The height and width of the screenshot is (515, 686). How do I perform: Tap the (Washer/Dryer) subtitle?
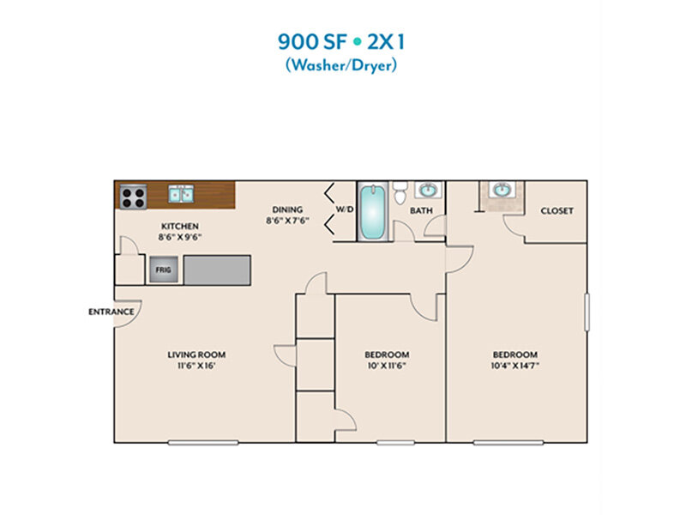click(x=341, y=65)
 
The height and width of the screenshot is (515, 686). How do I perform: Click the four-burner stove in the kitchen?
click(x=133, y=197)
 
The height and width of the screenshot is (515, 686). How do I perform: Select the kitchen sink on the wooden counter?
click(x=181, y=194)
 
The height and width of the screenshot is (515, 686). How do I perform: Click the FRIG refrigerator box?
click(x=164, y=270)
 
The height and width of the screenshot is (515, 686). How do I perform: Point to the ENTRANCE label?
click(x=111, y=312)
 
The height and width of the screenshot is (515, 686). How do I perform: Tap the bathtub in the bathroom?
click(x=373, y=211)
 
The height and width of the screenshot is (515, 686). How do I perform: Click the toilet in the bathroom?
click(x=400, y=192)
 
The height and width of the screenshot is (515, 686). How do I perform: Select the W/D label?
click(x=345, y=209)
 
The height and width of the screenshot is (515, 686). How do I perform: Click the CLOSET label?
click(x=557, y=210)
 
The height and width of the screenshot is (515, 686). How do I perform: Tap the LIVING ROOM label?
click(x=196, y=354)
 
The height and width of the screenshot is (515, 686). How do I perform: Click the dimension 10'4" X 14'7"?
click(x=515, y=366)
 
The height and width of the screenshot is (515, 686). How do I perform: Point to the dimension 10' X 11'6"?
click(x=387, y=366)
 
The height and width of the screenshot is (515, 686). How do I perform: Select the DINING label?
click(x=287, y=209)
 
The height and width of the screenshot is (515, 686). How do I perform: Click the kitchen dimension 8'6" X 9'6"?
click(x=180, y=238)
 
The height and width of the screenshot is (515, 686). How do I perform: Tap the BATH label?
click(x=421, y=210)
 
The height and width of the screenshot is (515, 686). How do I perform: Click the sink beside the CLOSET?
click(x=502, y=190)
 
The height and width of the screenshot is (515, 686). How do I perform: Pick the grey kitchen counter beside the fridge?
click(x=217, y=270)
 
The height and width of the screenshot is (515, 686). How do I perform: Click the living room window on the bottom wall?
click(x=203, y=443)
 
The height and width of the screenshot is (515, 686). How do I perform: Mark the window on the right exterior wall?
click(x=587, y=312)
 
